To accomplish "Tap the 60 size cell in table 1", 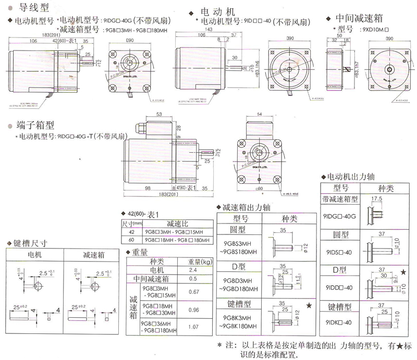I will tap(131, 240).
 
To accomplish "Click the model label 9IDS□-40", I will tap(341, 253).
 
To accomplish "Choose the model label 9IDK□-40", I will tap(341, 322).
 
